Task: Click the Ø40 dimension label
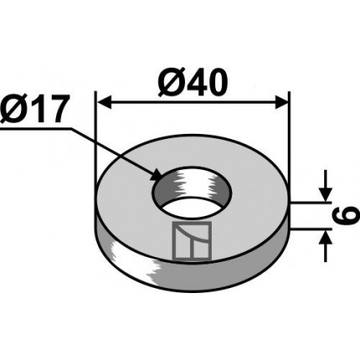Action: coord(193,83)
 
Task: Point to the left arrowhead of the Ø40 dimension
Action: coord(104,102)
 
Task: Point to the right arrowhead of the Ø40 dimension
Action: coord(281,102)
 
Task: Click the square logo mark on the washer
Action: coord(192,241)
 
